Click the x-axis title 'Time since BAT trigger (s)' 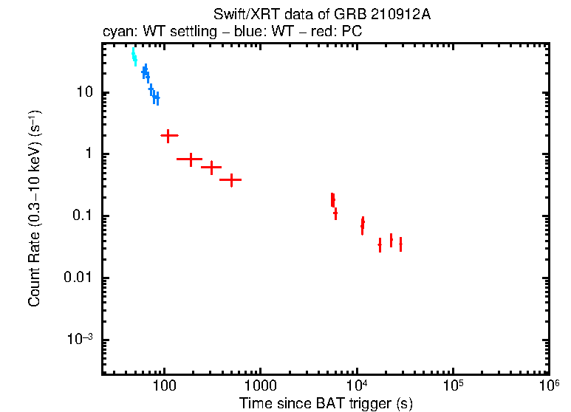pos(326,403)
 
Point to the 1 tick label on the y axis pos(88,154)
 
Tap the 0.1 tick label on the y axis pos(81,216)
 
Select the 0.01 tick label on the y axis pos(78,278)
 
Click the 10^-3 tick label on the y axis pos(80,340)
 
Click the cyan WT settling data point pos(134,56)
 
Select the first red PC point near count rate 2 pos(169,136)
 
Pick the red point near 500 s pos(231,179)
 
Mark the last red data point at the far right pos(400,244)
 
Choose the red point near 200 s pos(190,159)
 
